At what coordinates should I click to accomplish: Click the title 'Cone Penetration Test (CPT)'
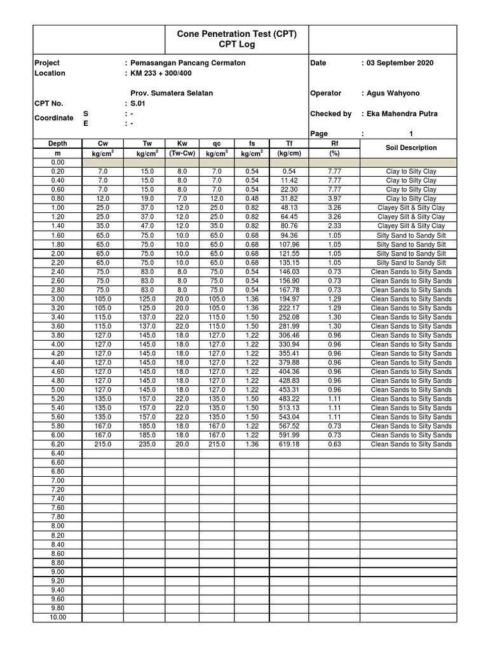(x=236, y=33)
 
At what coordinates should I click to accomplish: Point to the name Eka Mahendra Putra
(x=401, y=114)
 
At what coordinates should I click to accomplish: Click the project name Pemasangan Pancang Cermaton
(x=187, y=63)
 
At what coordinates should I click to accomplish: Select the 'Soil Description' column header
(x=411, y=147)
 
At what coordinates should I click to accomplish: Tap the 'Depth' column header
(x=58, y=144)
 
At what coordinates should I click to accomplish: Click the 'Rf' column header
(x=334, y=144)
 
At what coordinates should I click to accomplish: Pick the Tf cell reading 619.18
(x=289, y=444)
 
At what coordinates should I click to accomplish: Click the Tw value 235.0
(x=147, y=444)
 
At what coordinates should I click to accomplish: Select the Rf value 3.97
(x=334, y=198)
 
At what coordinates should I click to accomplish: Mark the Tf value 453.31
(x=289, y=390)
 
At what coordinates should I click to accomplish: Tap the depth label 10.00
(x=58, y=617)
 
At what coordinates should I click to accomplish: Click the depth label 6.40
(x=58, y=453)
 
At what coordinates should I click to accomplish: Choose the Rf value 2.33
(x=334, y=226)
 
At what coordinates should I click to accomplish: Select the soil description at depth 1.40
(x=411, y=226)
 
